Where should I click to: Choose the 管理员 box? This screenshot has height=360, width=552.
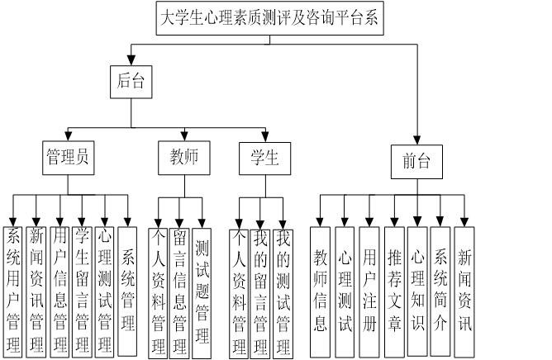click(67, 157)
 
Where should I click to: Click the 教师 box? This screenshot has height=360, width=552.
click(184, 157)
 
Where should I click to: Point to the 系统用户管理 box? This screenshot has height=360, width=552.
click(13, 289)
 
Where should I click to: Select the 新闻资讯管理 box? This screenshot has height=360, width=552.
click(36, 289)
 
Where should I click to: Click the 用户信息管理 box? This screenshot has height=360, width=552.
click(59, 289)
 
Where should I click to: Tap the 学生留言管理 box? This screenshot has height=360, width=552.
click(81, 289)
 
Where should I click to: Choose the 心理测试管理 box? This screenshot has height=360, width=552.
click(104, 289)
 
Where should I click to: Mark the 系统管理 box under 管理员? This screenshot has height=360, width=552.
click(128, 289)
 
